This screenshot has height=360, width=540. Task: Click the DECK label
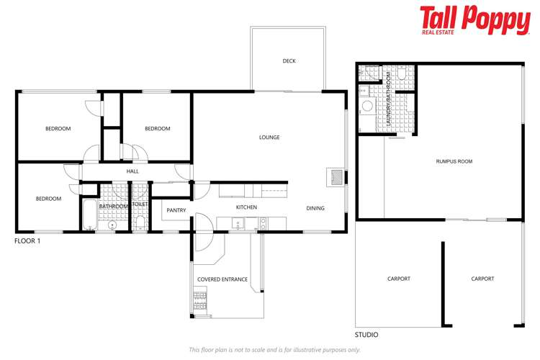(289, 61)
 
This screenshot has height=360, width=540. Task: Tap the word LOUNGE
(269, 138)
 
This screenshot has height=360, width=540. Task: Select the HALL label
(132, 171)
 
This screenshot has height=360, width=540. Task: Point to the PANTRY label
(176, 210)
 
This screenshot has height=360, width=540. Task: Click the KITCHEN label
(246, 207)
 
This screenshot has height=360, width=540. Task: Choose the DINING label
(315, 208)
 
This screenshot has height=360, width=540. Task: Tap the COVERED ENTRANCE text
(222, 279)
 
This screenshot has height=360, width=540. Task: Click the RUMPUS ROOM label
(454, 161)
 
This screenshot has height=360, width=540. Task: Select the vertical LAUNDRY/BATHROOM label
(388, 100)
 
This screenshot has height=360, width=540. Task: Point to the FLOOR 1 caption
(27, 241)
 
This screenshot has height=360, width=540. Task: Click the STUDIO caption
(366, 335)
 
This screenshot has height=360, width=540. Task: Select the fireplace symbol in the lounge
(336, 177)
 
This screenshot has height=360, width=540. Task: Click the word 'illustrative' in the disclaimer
(323, 349)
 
